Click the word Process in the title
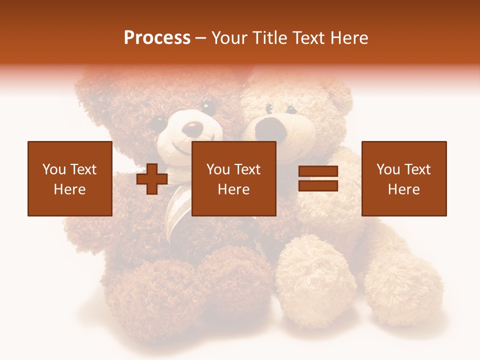point(157,38)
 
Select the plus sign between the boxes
point(152,179)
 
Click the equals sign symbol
point(318,178)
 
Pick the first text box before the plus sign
point(70,178)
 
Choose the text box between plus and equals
point(233,178)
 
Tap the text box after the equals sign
point(404,178)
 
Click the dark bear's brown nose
point(192,129)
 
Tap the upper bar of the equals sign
point(318,171)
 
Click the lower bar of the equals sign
point(318,185)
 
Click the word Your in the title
point(228,38)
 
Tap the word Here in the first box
point(70,189)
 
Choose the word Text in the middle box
point(247,169)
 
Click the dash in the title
point(201,38)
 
